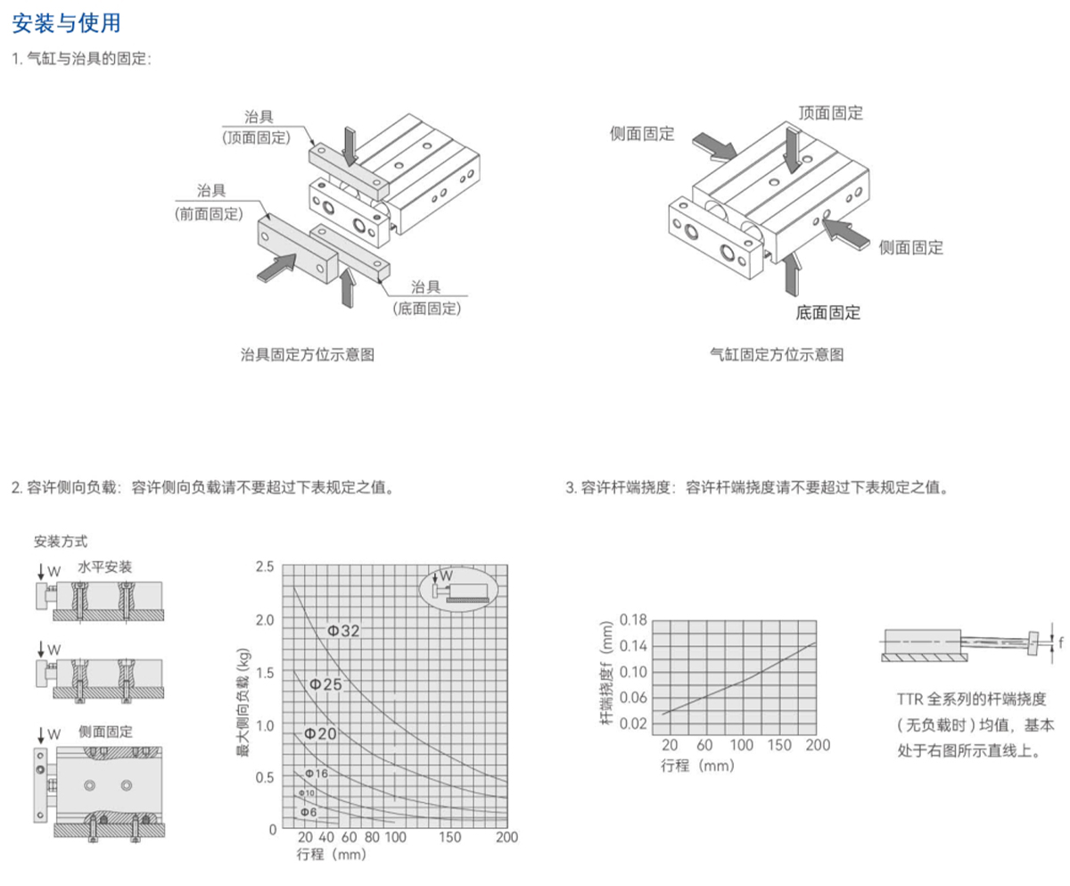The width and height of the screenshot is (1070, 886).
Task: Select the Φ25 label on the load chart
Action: [326, 684]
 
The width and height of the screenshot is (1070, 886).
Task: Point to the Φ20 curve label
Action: [320, 733]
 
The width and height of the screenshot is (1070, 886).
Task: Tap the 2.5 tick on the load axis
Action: [266, 567]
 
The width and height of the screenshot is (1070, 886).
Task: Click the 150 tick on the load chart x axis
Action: [450, 838]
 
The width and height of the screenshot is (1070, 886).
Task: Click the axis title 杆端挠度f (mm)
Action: [606, 671]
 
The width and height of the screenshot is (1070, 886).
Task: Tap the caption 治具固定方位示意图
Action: [308, 355]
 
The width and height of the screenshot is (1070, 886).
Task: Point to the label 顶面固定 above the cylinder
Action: [830, 113]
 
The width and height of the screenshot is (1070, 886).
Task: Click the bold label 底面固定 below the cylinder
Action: [828, 313]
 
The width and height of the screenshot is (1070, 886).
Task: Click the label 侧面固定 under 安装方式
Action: [105, 732]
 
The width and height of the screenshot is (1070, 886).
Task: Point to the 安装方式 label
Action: [61, 542]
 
